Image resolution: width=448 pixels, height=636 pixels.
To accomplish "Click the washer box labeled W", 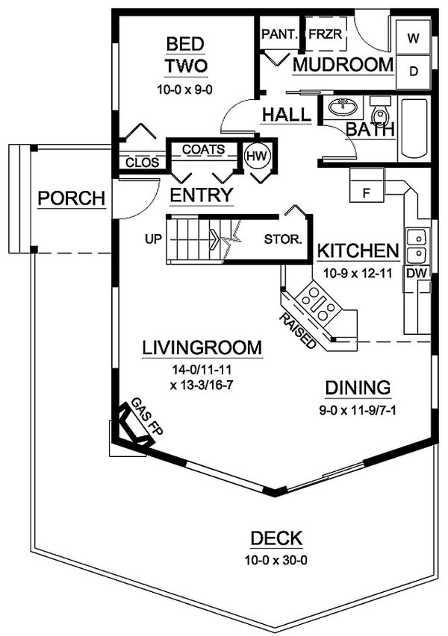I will (x=413, y=37).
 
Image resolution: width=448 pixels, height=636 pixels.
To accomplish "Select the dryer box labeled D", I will (x=413, y=72).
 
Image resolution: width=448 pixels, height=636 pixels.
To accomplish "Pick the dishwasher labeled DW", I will (x=418, y=274).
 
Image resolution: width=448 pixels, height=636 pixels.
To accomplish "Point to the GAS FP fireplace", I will (x=136, y=426).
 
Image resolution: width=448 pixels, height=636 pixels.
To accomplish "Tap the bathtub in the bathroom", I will (x=414, y=128).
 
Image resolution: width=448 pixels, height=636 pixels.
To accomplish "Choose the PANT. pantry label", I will (x=279, y=34).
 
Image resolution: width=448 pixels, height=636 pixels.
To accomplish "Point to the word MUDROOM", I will (x=343, y=64).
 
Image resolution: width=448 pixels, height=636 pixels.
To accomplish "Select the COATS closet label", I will (x=203, y=149).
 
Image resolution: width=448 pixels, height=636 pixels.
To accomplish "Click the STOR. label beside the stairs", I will (x=284, y=240).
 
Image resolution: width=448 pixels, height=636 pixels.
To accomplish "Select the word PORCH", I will (x=71, y=198).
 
